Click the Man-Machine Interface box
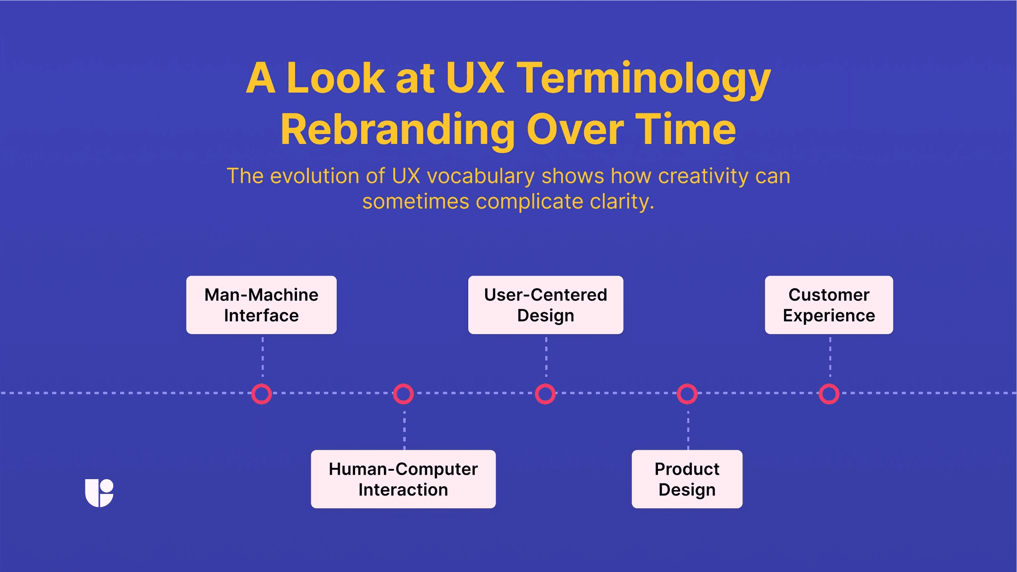261,305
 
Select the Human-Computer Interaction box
403,479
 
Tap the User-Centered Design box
545,305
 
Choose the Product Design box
687,479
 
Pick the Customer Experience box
829,305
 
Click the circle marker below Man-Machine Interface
262,394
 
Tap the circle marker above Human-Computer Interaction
403,394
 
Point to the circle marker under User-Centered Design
545,394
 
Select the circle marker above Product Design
687,394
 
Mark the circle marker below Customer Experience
829,394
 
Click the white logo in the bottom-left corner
99,493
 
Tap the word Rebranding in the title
397,130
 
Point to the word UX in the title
475,78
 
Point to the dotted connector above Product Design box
688,430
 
